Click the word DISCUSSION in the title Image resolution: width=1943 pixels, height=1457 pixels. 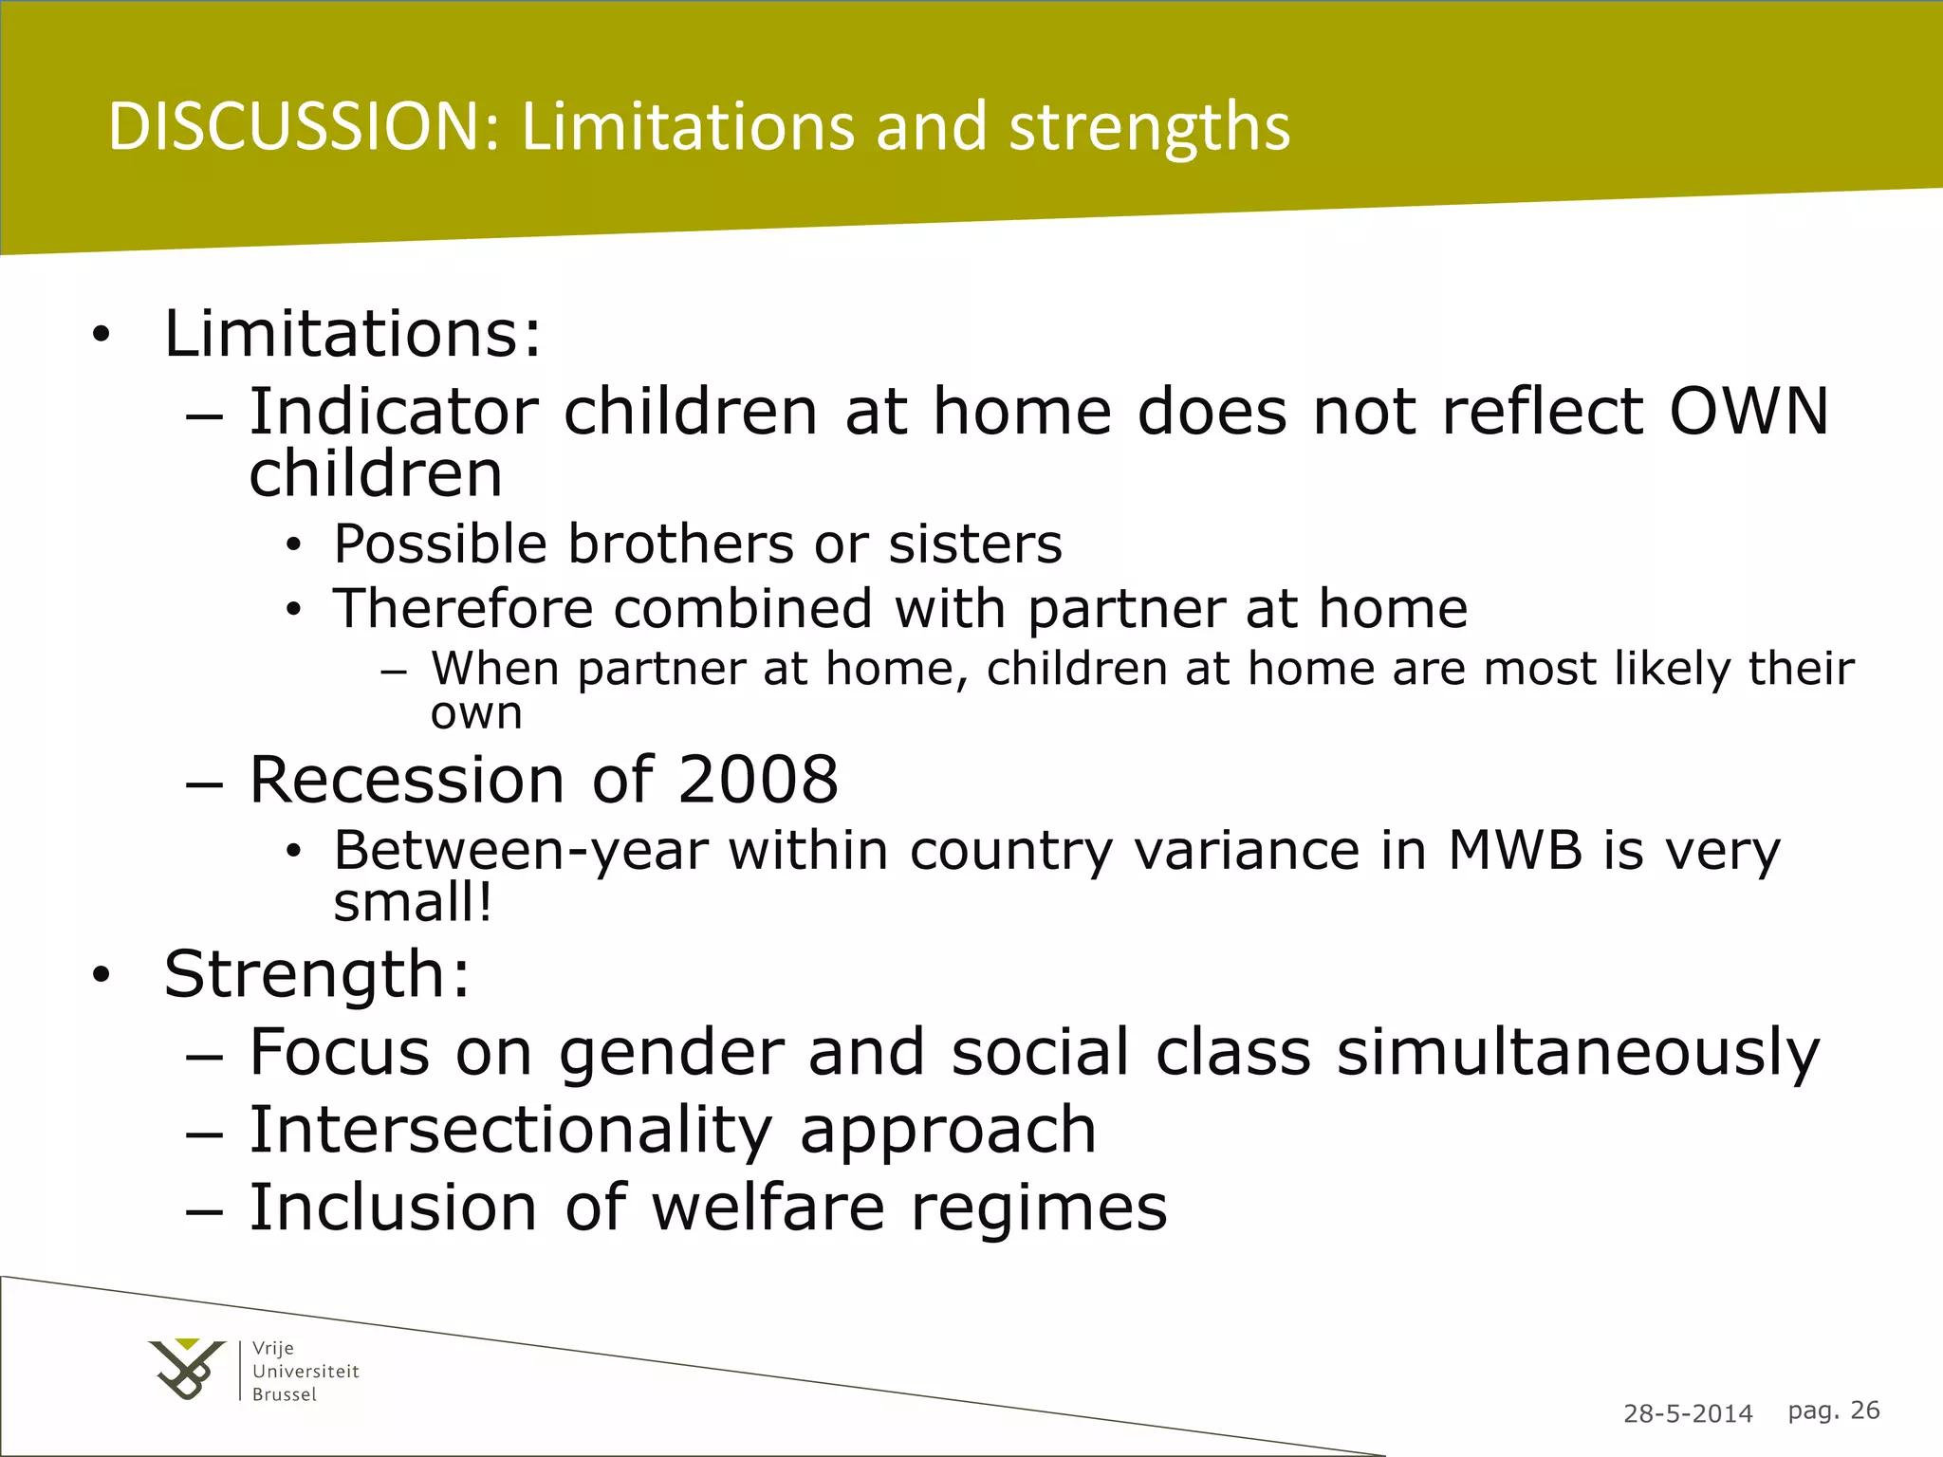coord(304,127)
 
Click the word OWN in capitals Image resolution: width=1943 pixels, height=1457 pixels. coord(1749,412)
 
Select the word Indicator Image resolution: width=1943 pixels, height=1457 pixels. coord(394,412)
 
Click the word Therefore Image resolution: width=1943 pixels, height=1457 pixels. coord(463,608)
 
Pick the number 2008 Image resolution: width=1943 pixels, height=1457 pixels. coord(758,780)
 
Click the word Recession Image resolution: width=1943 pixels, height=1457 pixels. coord(408,780)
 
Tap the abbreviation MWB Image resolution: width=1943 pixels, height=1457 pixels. coord(1515,850)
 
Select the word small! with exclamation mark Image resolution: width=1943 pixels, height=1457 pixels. coord(413,902)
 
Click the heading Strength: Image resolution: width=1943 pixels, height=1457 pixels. coord(317,975)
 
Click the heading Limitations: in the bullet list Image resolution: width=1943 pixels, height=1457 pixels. coord(353,335)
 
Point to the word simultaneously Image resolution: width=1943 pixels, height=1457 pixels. coord(1578,1053)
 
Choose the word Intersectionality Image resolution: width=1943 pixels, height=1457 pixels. coord(510,1130)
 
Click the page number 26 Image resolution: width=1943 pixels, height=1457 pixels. coord(1864,1411)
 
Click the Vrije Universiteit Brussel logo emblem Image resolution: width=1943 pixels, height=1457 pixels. coord(187,1369)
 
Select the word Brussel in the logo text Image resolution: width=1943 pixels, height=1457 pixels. coord(285,1394)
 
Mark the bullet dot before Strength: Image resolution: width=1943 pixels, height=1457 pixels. coord(102,975)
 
